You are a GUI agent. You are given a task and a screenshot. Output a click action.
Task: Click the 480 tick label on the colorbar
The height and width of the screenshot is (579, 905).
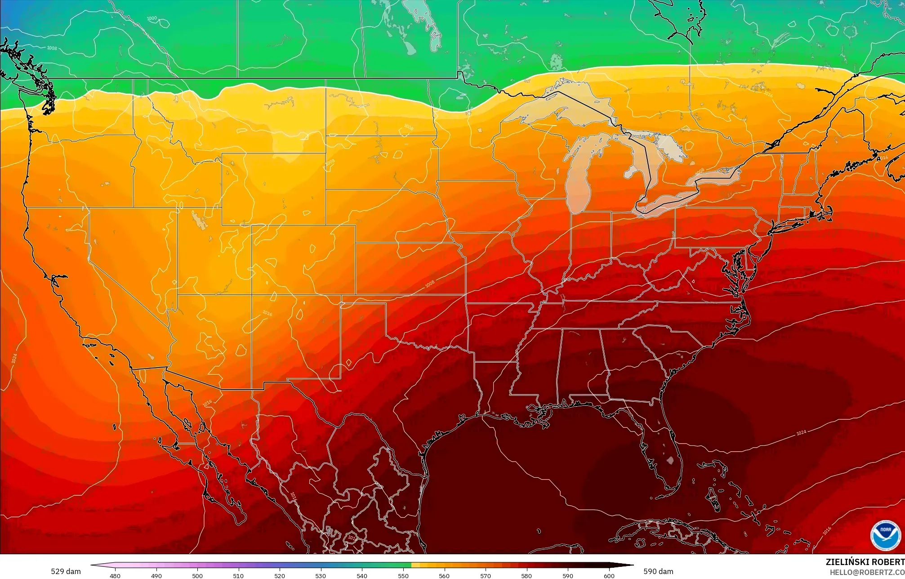(x=115, y=575)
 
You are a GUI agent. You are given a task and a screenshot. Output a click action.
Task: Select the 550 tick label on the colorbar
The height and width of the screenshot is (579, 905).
(x=403, y=575)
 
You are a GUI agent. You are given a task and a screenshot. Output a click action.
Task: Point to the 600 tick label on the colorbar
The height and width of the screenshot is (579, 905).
(x=609, y=575)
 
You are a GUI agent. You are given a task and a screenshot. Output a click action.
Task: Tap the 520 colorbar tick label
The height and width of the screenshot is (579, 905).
(x=280, y=575)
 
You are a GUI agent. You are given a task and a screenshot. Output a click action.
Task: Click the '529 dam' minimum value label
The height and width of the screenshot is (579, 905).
(x=66, y=571)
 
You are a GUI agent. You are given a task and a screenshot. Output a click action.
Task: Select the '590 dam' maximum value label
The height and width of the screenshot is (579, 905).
(x=658, y=571)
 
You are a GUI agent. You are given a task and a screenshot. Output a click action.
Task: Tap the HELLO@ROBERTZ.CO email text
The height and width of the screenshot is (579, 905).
(x=867, y=572)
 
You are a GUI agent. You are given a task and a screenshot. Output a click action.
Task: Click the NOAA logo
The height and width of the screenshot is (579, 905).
(x=885, y=535)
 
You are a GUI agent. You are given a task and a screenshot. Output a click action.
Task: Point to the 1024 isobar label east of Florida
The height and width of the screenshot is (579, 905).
(x=801, y=433)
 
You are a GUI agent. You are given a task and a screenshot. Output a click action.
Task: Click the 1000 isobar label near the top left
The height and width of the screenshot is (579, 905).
(x=152, y=18)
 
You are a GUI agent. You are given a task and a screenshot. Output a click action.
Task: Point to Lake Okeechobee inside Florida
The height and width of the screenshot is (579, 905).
(x=671, y=460)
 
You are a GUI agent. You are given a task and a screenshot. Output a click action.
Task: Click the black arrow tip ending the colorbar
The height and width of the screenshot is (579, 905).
(x=630, y=565)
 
